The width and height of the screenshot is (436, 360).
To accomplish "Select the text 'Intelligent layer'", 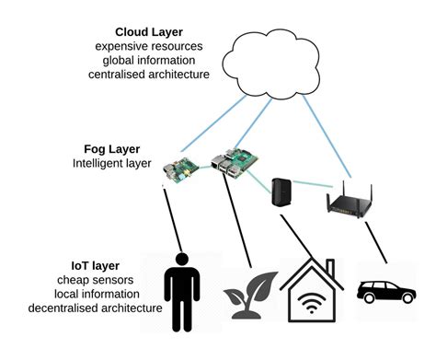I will coord(109,163).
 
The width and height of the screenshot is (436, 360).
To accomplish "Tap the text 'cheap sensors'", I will coord(77,280).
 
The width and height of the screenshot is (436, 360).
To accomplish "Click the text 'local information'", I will coord(77,295).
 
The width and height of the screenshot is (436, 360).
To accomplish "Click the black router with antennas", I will coord(350,200).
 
